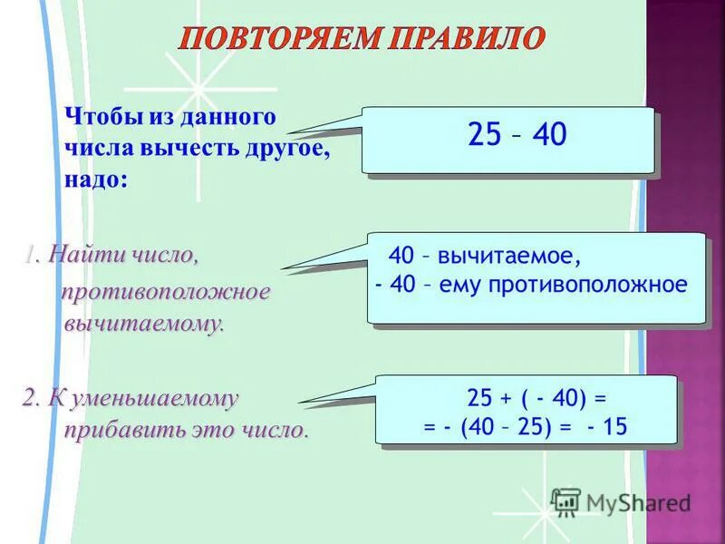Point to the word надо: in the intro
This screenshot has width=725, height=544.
[x=96, y=179]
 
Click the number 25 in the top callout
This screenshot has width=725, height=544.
[x=485, y=135]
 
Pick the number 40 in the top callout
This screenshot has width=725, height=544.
[x=549, y=135]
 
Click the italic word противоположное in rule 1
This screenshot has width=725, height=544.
[x=166, y=293]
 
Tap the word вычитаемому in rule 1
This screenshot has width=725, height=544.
[x=143, y=324]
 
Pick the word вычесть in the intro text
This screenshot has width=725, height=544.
[x=198, y=149]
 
